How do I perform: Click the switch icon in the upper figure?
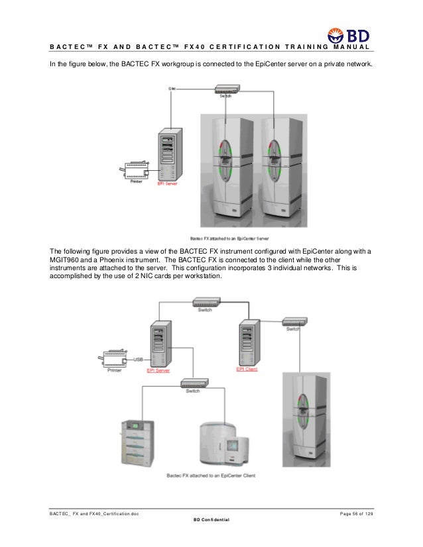point(225,88)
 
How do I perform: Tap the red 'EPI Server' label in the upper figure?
point(166,185)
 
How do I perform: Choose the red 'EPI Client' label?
point(247,369)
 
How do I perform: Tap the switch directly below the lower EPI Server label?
point(192,383)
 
